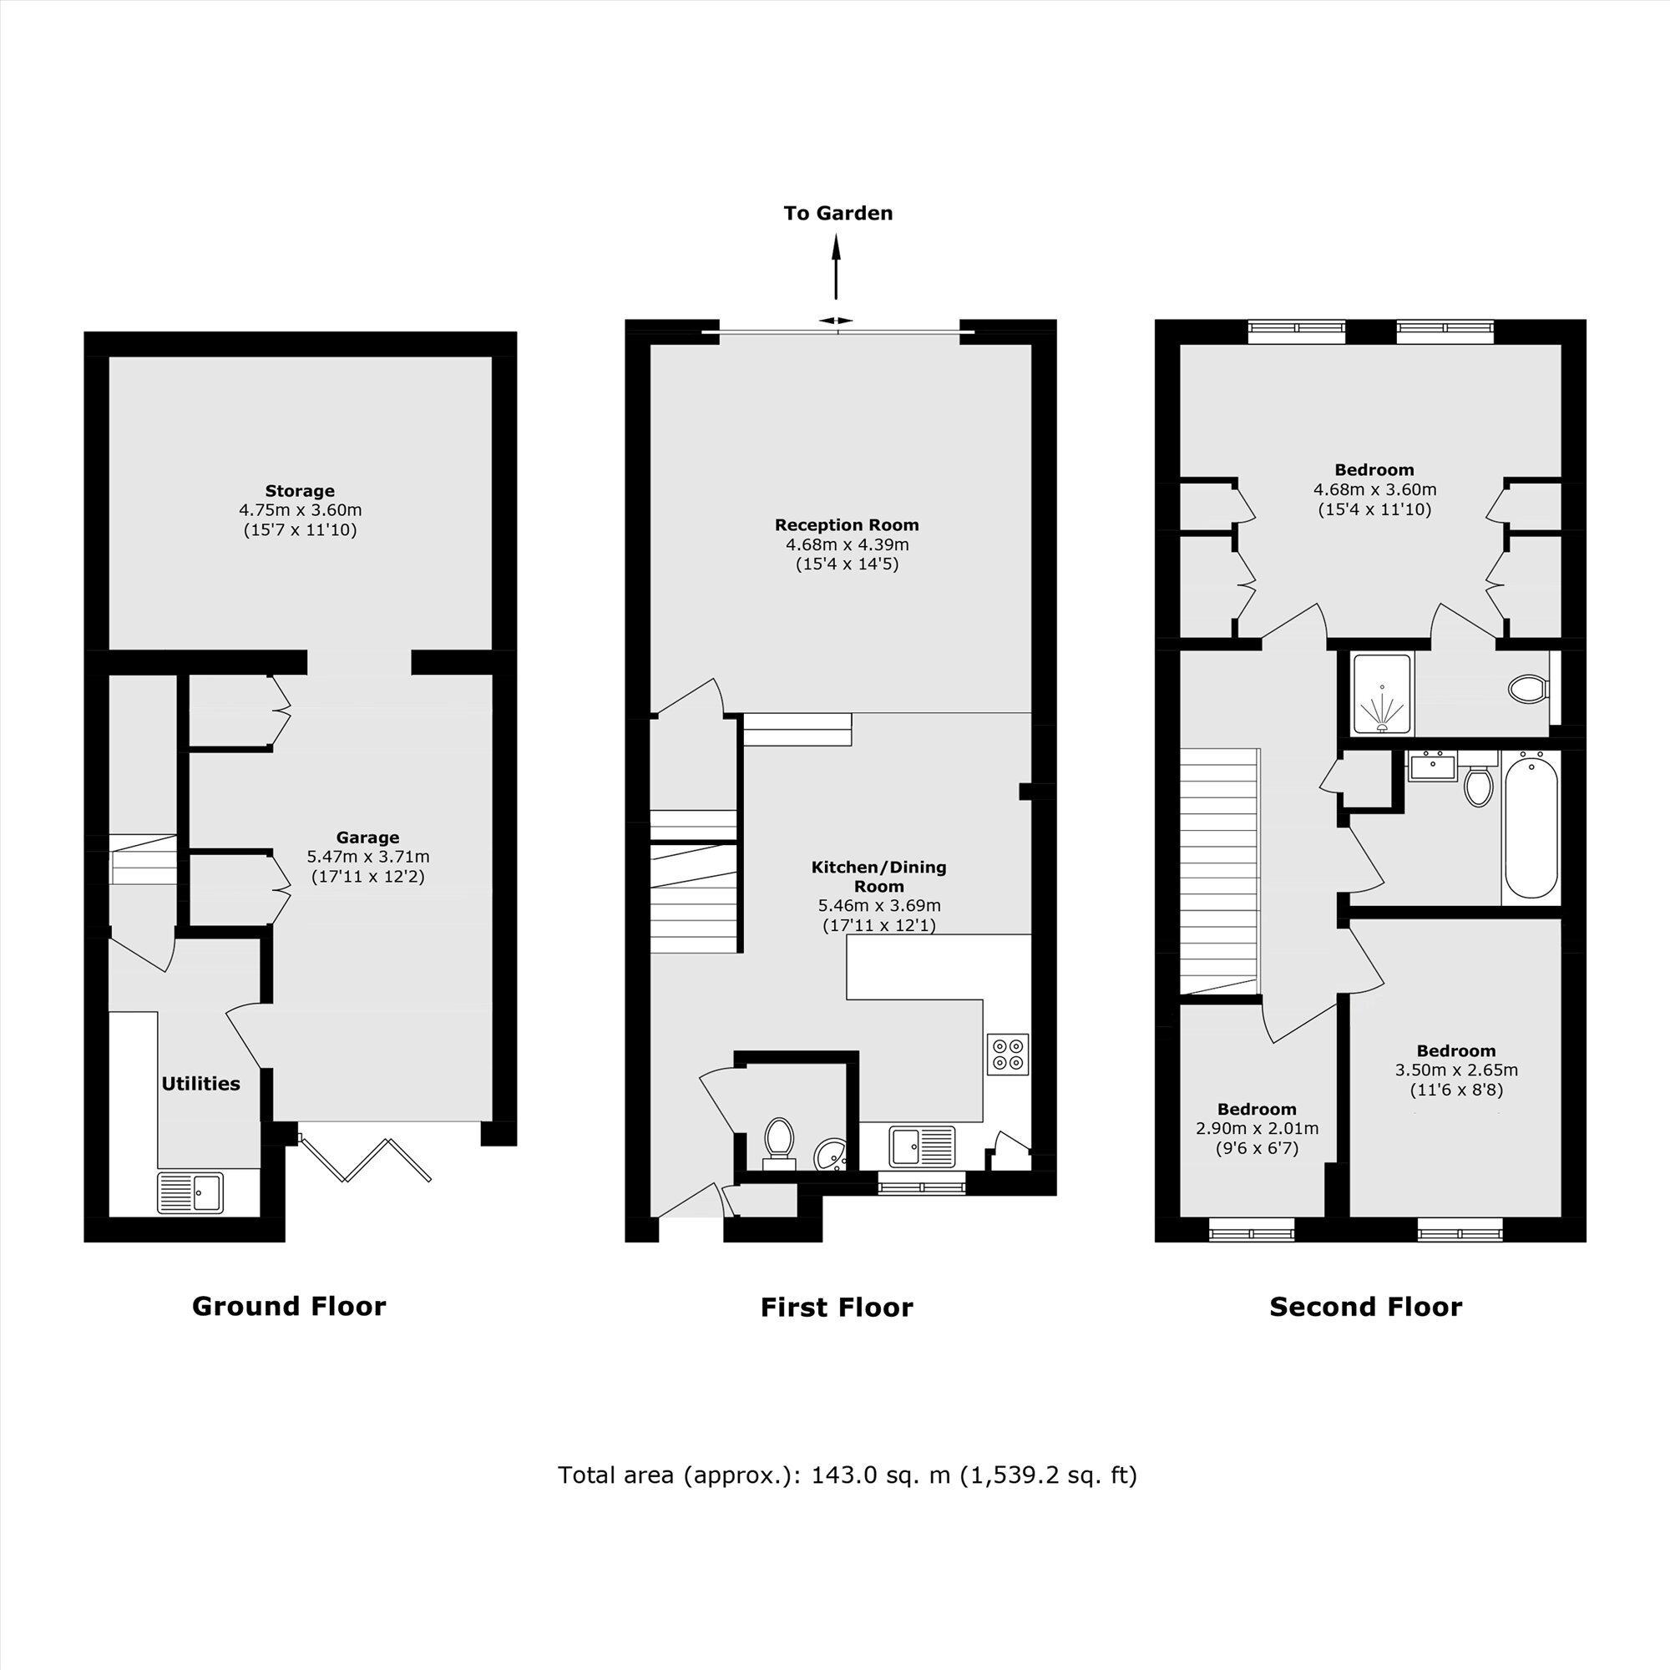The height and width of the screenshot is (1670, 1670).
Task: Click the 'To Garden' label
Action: [x=838, y=214]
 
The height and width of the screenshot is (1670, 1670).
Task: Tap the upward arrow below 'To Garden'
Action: [x=836, y=268]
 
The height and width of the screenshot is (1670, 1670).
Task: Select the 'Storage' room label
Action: [x=300, y=491]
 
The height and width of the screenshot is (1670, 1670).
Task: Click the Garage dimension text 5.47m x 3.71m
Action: [x=368, y=858]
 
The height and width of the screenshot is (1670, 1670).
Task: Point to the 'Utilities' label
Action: [x=200, y=1084]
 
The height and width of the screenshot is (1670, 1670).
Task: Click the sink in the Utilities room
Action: [x=190, y=1193]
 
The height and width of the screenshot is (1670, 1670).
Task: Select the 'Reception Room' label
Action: [x=846, y=524]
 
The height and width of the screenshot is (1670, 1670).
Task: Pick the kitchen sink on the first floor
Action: [x=923, y=1146]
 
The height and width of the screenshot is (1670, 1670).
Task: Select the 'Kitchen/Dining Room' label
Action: [x=879, y=877]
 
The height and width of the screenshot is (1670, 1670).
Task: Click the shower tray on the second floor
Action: [x=1382, y=694]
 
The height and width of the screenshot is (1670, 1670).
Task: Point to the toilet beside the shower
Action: [x=1528, y=689]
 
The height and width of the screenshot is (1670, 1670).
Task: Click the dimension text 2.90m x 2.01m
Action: [x=1257, y=1128]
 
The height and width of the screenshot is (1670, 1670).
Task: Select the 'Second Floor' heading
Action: [x=1366, y=1306]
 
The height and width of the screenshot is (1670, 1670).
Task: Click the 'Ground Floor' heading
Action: [x=289, y=1306]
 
